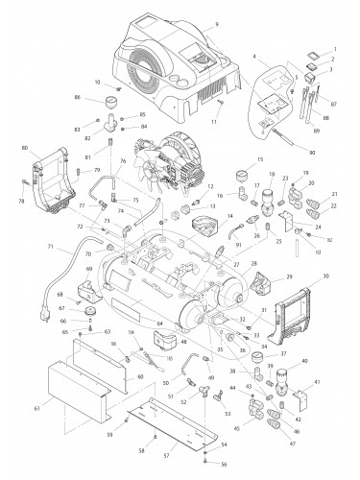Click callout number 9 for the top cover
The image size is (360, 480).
pyautogui.click(x=217, y=22)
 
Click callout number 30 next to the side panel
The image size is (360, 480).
pyautogui.click(x=326, y=276)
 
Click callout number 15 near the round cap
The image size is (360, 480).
pyautogui.click(x=258, y=158)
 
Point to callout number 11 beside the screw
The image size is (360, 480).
pyautogui.click(x=215, y=124)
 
